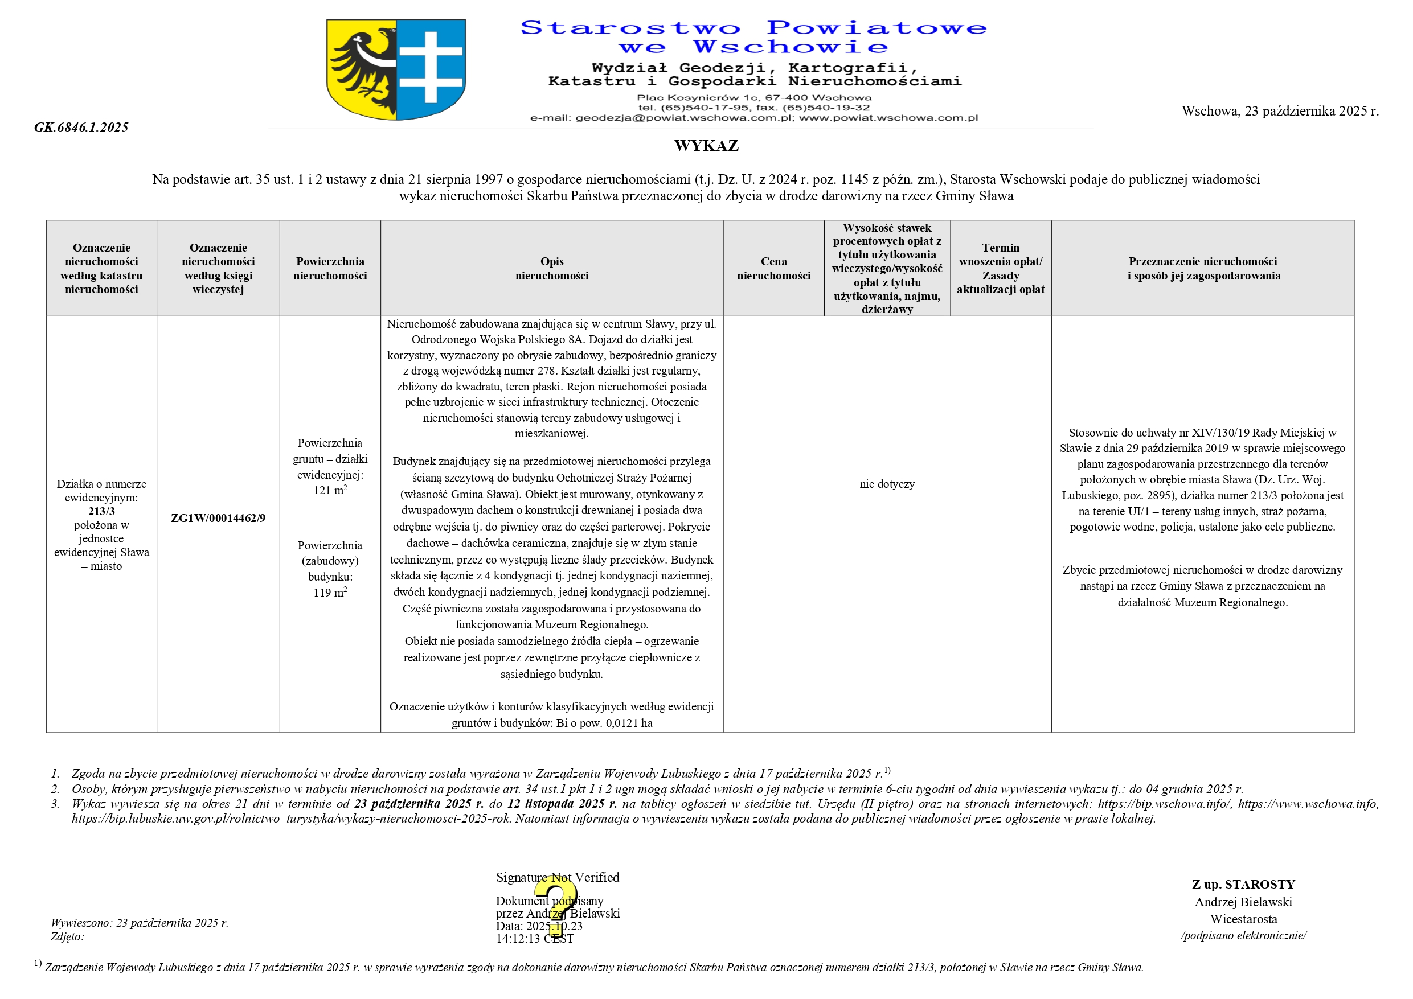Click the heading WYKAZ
[706, 146]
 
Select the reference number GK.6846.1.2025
[81, 128]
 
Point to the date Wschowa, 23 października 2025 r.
[1280, 112]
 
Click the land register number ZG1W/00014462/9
[218, 518]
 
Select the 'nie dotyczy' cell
[887, 484]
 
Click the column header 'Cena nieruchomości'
[773, 269]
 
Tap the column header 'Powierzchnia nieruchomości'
[330, 269]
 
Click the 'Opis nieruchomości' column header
[551, 269]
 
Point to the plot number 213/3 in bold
[101, 511]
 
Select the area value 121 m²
[330, 490]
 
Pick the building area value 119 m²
[330, 593]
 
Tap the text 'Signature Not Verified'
[558, 877]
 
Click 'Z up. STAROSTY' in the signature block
[1243, 885]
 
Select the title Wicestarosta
[1243, 919]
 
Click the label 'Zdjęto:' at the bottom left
[67, 937]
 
